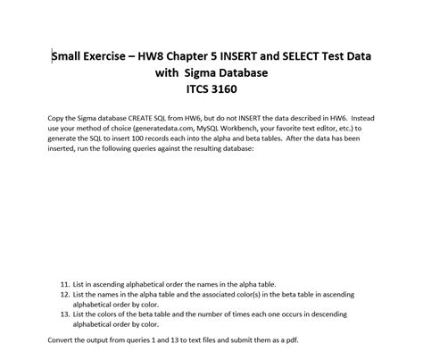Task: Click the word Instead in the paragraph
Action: pyautogui.click(x=361, y=118)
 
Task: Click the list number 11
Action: pyautogui.click(x=64, y=283)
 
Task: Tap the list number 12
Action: pyautogui.click(x=64, y=294)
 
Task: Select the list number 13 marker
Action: pyautogui.click(x=64, y=314)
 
